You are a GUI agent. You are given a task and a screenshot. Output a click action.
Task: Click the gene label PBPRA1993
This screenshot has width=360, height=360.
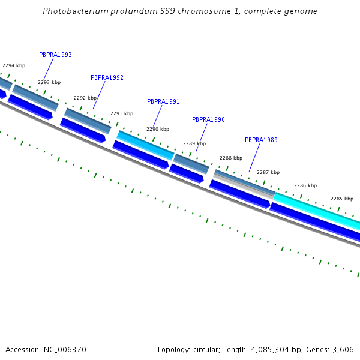pyautogui.click(x=55, y=55)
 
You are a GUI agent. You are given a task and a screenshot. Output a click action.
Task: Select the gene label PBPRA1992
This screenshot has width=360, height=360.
pyautogui.click(x=107, y=77)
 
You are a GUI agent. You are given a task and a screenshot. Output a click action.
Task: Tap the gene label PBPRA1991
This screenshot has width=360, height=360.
pyautogui.click(x=163, y=101)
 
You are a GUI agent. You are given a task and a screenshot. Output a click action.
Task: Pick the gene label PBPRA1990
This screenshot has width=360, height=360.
pyautogui.click(x=208, y=119)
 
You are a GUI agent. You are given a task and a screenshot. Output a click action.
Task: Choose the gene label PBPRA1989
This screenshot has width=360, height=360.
pyautogui.click(x=261, y=140)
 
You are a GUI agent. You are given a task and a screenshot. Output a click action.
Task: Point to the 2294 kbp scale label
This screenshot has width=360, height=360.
pyautogui.click(x=14, y=65)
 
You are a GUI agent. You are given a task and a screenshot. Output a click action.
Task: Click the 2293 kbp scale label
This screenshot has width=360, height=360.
pyautogui.click(x=49, y=82)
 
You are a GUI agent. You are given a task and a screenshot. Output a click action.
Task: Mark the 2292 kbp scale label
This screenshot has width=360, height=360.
pyautogui.click(x=85, y=98)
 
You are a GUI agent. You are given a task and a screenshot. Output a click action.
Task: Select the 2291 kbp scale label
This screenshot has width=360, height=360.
pyautogui.click(x=122, y=113)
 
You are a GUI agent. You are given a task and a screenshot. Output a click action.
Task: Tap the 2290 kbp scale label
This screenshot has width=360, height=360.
pyautogui.click(x=158, y=129)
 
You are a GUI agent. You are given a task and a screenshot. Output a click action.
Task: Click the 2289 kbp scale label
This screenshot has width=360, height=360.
pyautogui.click(x=194, y=143)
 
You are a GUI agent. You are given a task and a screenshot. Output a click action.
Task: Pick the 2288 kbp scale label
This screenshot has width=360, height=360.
pyautogui.click(x=231, y=158)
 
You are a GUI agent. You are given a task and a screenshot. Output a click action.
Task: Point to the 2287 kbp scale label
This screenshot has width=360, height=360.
pyautogui.click(x=268, y=172)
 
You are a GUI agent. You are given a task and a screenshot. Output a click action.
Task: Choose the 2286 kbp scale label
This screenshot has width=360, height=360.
pyautogui.click(x=305, y=185)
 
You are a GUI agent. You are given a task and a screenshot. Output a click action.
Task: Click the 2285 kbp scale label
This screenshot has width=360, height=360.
pyautogui.click(x=342, y=199)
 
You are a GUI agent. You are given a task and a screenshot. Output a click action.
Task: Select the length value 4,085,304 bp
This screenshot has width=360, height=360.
pyautogui.click(x=269, y=349)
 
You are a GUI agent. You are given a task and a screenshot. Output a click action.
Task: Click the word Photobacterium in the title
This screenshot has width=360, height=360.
pyautogui.click(x=75, y=11)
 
